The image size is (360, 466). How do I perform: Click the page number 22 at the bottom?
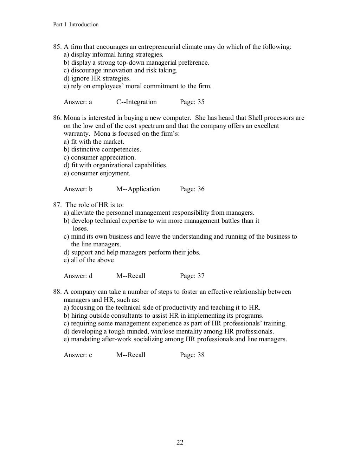coord(180,442)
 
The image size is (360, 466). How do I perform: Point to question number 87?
coord(57,205)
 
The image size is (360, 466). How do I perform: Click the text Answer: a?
coord(78,102)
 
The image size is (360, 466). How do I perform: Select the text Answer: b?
coord(78,189)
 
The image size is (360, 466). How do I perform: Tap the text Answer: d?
coord(78,276)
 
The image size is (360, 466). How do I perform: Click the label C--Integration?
coord(136,102)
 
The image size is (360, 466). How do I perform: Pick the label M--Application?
coord(138,189)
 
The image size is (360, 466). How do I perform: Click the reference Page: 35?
coord(192,102)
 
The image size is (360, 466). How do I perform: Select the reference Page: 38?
coord(192,355)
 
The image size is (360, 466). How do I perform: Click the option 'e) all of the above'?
coord(89,260)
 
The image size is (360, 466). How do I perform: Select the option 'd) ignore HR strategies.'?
coord(97,79)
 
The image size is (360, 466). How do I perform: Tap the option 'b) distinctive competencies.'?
coord(102,150)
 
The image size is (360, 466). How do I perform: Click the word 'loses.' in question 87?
coord(80,229)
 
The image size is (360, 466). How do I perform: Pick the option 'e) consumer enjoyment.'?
coord(97,174)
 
